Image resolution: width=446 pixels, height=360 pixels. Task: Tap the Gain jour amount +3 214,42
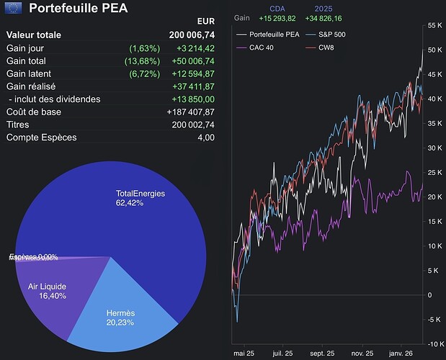pos(195,48)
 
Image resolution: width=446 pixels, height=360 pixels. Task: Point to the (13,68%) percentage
pos(144,60)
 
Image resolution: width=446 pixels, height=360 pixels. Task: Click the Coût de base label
pos(33,112)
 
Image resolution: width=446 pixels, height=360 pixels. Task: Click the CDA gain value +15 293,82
pos(277,18)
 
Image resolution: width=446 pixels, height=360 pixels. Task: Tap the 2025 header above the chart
pos(324,9)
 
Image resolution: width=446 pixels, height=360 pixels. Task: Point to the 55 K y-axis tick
pos(434,25)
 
